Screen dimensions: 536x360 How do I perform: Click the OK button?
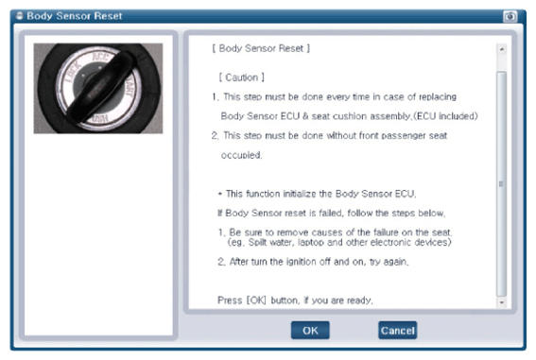(x=310, y=331)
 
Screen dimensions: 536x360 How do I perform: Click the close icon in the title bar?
(x=510, y=16)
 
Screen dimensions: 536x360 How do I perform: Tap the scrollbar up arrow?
(x=501, y=49)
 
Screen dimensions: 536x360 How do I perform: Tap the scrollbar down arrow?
(x=501, y=302)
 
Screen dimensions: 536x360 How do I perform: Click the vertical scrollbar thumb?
(x=501, y=184)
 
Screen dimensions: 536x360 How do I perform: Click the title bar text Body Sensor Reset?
(x=74, y=16)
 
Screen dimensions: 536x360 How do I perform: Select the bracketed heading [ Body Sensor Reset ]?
(x=261, y=48)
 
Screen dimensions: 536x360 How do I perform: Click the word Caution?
(x=242, y=77)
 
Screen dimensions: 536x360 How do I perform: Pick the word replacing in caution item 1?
(x=438, y=97)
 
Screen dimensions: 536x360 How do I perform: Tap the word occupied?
(x=241, y=155)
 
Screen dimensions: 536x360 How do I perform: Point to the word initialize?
(x=300, y=194)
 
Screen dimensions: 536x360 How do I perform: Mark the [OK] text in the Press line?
(x=256, y=300)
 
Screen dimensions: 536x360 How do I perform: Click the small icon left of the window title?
(x=20, y=16)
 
